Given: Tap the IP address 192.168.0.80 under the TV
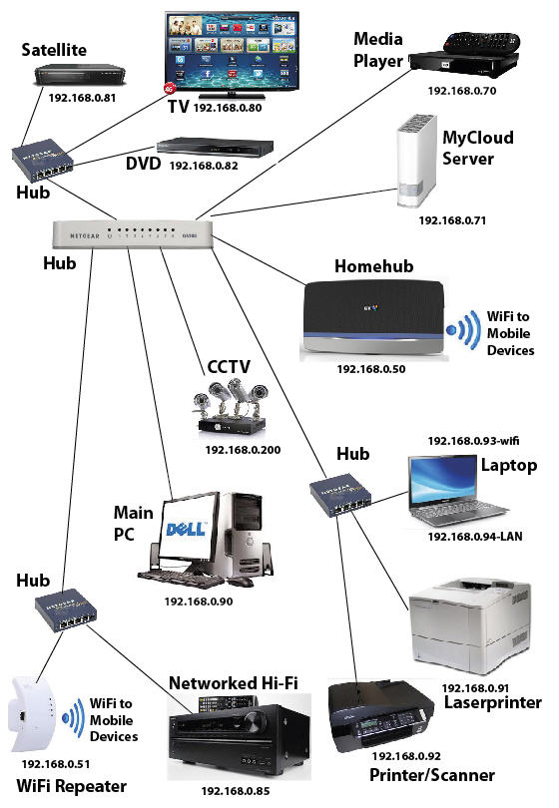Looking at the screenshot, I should [x=228, y=107].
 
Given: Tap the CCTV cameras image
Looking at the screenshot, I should [x=232, y=409].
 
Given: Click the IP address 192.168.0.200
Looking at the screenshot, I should [x=243, y=450].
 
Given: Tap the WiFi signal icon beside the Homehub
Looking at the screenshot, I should [x=462, y=328].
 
